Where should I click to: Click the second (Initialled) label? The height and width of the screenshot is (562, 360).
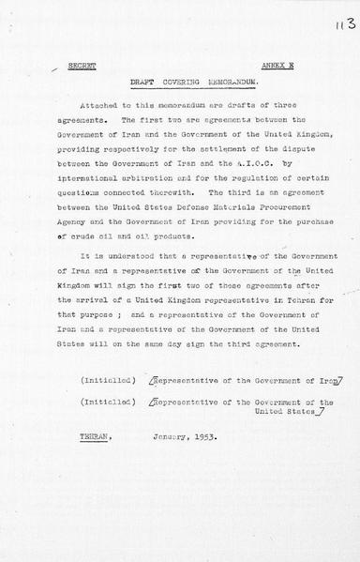[x=107, y=402]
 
